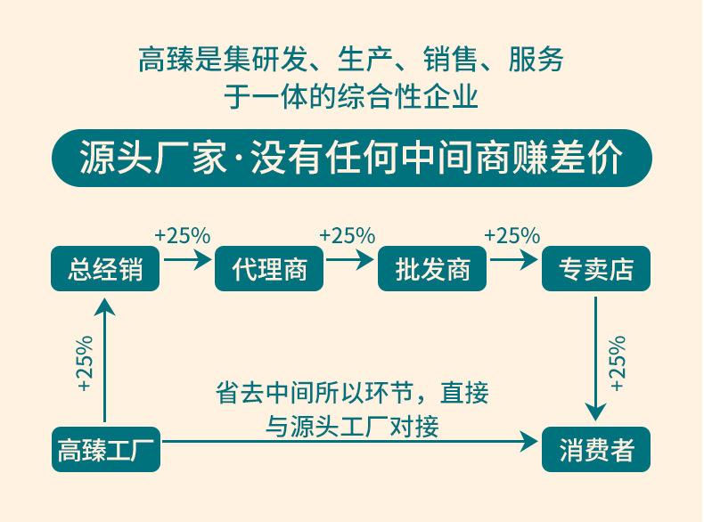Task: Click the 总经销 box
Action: pyautogui.click(x=105, y=268)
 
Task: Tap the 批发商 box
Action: pyautogui.click(x=432, y=268)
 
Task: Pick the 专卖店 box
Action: pyautogui.click(x=596, y=268)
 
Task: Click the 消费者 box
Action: pyautogui.click(x=596, y=450)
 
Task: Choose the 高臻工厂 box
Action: pyautogui.click(x=105, y=450)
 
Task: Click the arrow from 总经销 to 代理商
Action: pyautogui.click(x=186, y=260)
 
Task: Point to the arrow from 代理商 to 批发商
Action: pyautogui.click(x=350, y=260)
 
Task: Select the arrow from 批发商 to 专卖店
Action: pyautogui.click(x=514, y=260)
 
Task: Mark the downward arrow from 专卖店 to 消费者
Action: pyautogui.click(x=596, y=356)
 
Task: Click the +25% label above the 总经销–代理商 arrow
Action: pyautogui.click(x=183, y=236)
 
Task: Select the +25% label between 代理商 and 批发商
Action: pyautogui.click(x=347, y=236)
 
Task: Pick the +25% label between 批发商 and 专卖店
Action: pyautogui.click(x=512, y=236)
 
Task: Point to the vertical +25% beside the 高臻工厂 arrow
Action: pyautogui.click(x=84, y=363)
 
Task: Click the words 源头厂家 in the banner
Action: pyautogui.click(x=152, y=159)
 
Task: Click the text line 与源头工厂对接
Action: pyautogui.click(x=352, y=424)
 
